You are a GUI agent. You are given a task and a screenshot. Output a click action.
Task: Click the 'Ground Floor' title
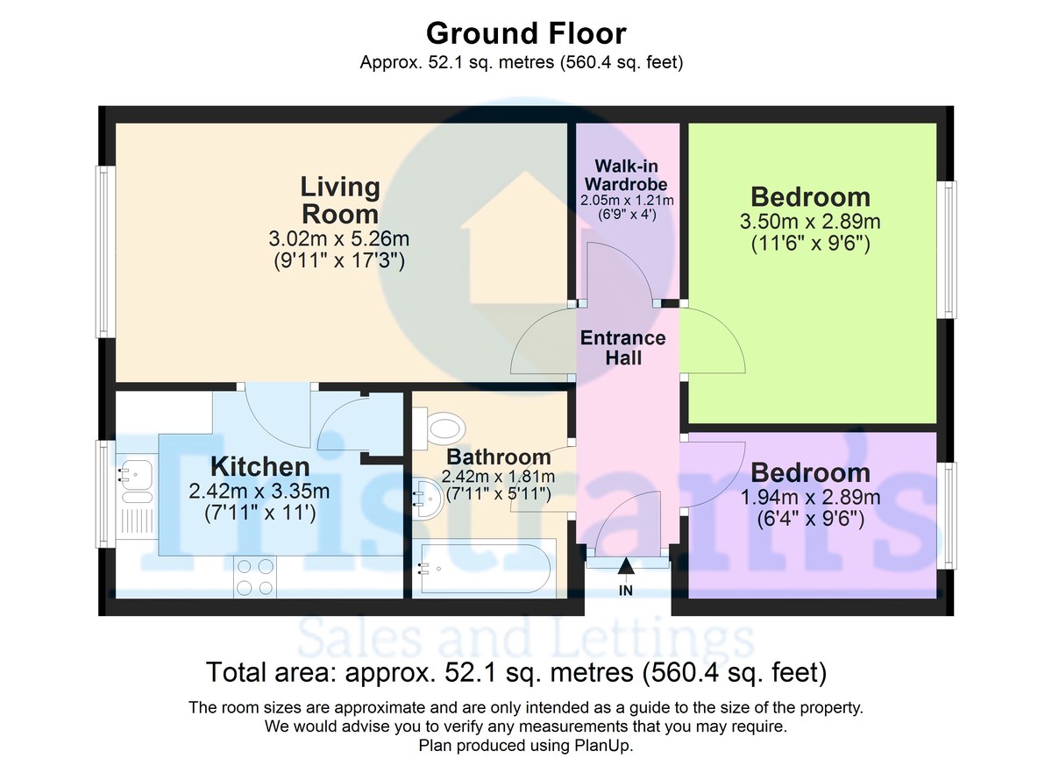click(526, 34)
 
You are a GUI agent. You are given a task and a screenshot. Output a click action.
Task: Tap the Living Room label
click(340, 201)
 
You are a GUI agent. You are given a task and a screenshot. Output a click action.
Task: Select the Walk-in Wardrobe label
click(626, 174)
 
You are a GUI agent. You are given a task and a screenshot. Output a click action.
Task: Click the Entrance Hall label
click(622, 348)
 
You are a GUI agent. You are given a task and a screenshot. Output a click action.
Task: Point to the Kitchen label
click(259, 466)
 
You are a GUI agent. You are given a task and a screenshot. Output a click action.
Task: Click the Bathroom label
click(498, 457)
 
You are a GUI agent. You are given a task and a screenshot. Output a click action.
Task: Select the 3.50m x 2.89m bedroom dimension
click(810, 222)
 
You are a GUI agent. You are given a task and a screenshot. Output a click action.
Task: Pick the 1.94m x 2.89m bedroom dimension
click(810, 498)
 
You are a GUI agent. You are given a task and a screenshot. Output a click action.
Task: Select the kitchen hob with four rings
click(255, 577)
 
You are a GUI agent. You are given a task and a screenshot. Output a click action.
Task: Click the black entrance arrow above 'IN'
click(626, 566)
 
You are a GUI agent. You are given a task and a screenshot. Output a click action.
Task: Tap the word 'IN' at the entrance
click(626, 591)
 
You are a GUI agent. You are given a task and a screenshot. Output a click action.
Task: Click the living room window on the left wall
click(106, 251)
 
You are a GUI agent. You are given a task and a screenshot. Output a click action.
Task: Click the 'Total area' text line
click(516, 672)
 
